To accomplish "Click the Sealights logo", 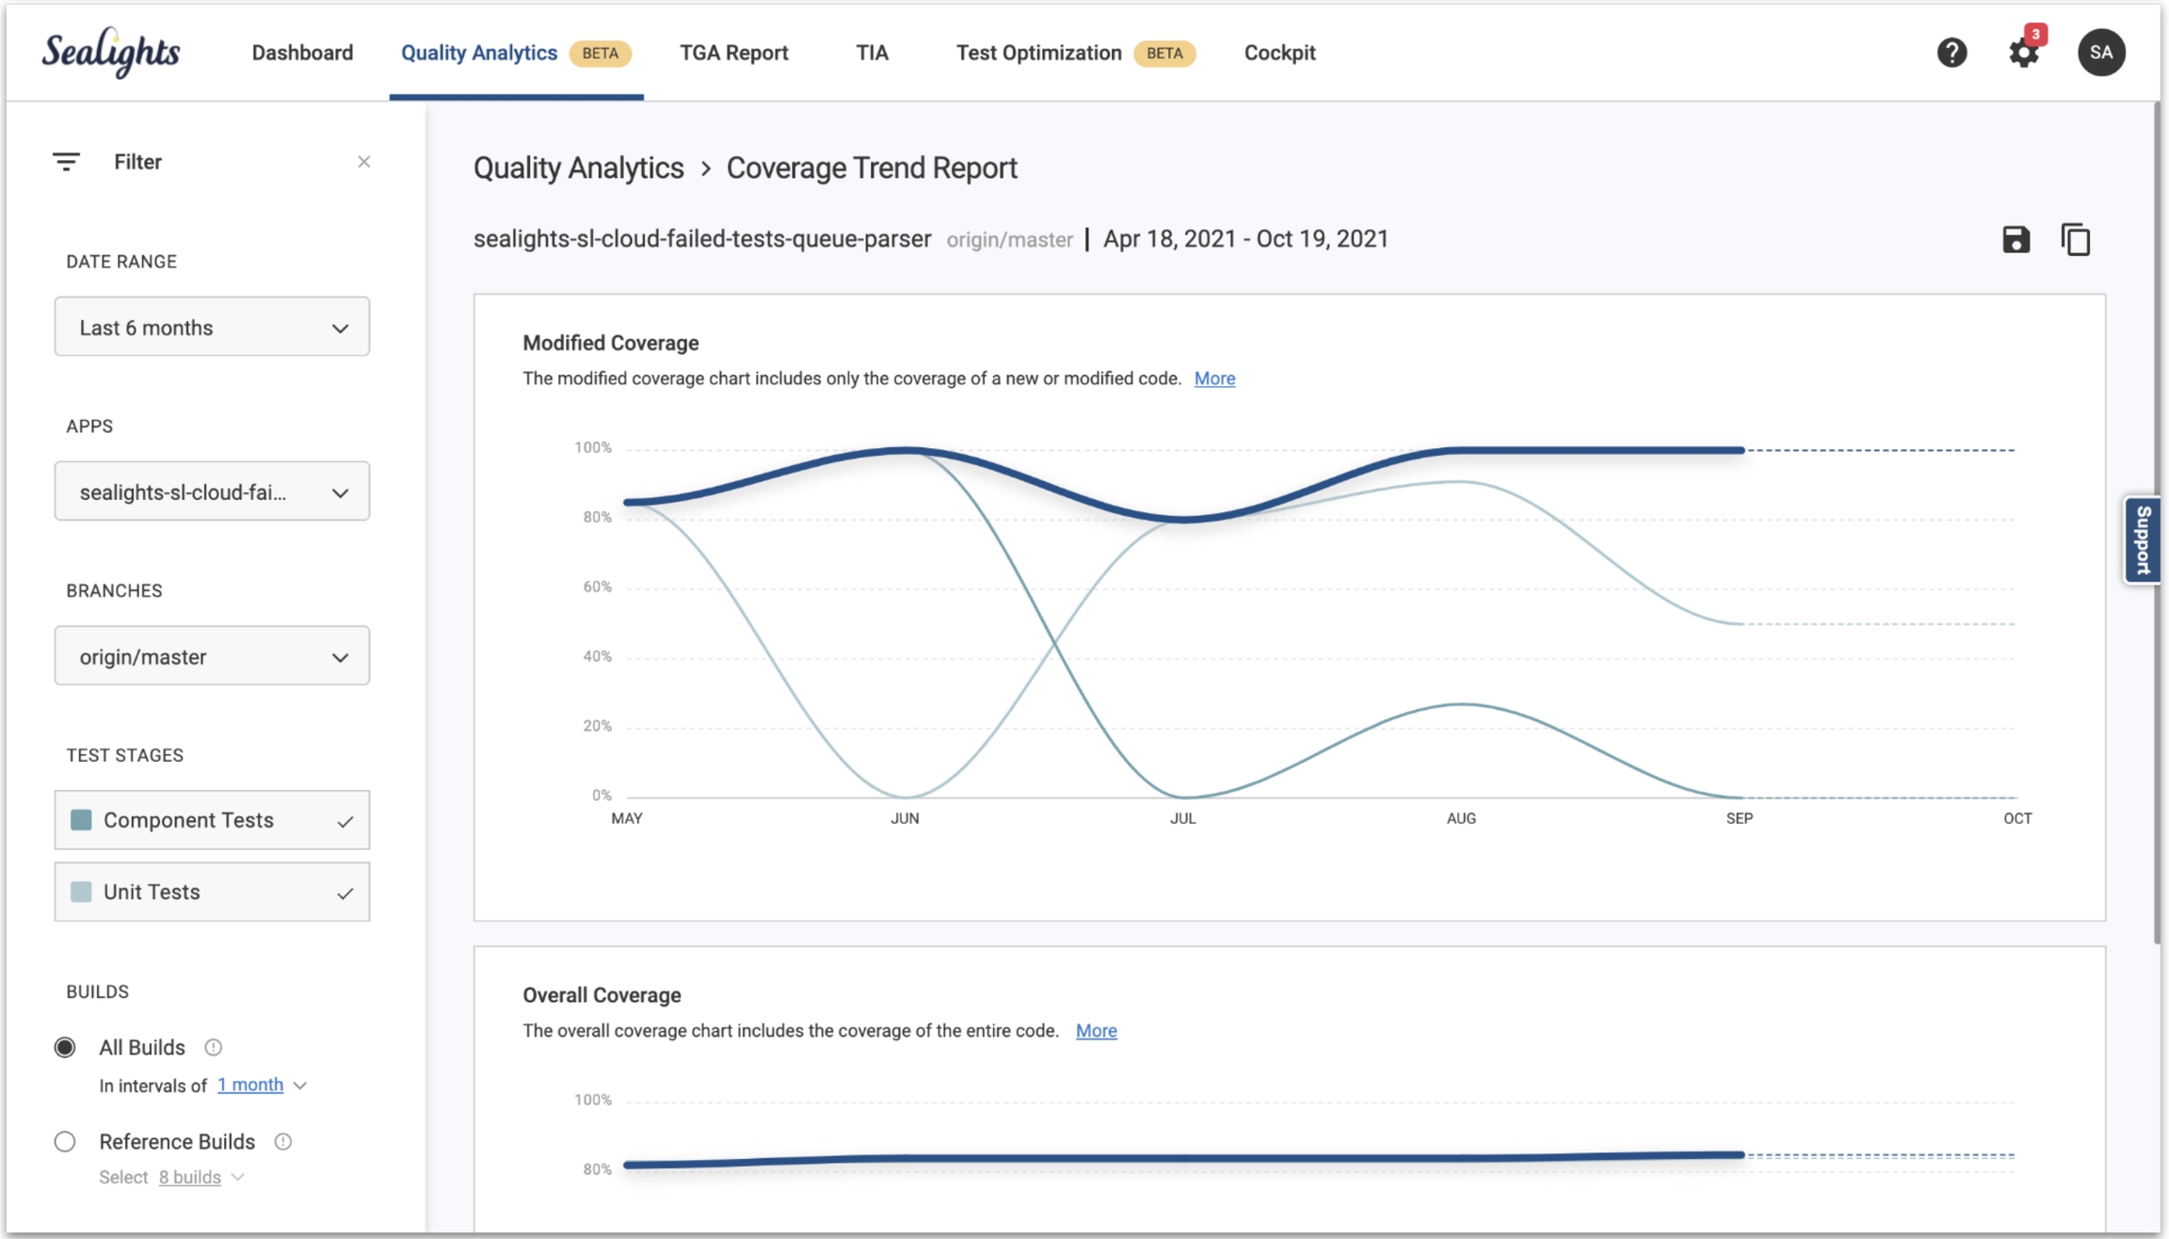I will pos(111,53).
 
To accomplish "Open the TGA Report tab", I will pos(733,53).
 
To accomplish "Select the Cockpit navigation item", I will pos(1279,53).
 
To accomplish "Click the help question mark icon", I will pos(1952,53).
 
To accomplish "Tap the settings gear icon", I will pos(2023,53).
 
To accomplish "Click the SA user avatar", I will pos(2100,53).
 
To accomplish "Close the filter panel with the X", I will pos(363,162).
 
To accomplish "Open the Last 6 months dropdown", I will pos(212,328).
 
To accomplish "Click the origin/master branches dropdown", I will pos(212,656).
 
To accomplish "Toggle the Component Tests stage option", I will pos(212,820).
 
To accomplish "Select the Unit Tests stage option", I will pos(212,892).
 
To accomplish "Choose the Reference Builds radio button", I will pos(65,1142).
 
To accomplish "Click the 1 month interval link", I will pos(250,1085).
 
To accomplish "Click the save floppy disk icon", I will pos(2016,240).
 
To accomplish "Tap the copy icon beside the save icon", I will pos(2075,240).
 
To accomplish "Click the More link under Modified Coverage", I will pos(1214,378).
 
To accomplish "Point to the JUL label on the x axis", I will pos(1182,818).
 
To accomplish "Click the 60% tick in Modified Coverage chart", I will pos(597,587).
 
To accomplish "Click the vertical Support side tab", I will pos(2144,540).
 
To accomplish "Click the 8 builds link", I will pos(189,1177).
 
